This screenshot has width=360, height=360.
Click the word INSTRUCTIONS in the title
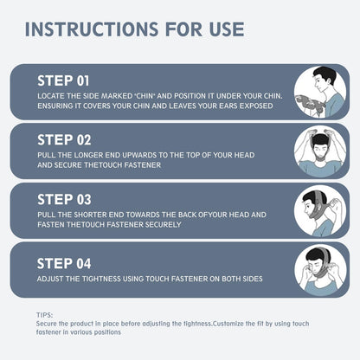[92, 29]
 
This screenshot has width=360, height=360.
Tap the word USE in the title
[227, 29]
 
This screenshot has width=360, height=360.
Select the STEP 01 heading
[63, 80]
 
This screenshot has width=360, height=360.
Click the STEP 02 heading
[64, 140]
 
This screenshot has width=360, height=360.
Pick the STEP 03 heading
[64, 199]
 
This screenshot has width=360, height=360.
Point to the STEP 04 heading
[64, 263]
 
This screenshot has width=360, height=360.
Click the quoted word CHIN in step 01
[145, 96]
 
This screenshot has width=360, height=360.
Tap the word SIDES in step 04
[253, 279]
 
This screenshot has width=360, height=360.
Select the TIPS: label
[45, 315]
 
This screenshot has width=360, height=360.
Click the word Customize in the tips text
[228, 324]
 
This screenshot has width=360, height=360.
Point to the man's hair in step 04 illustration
[316, 254]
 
